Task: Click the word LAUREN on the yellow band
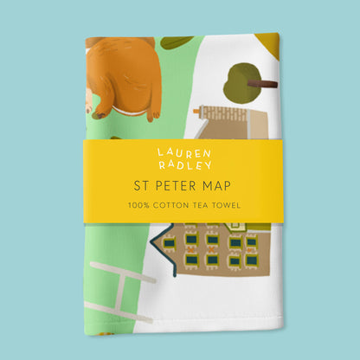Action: [179, 152]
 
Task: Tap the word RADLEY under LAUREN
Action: [179, 165]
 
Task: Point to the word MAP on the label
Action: [216, 184]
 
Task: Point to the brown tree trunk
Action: [263, 84]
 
